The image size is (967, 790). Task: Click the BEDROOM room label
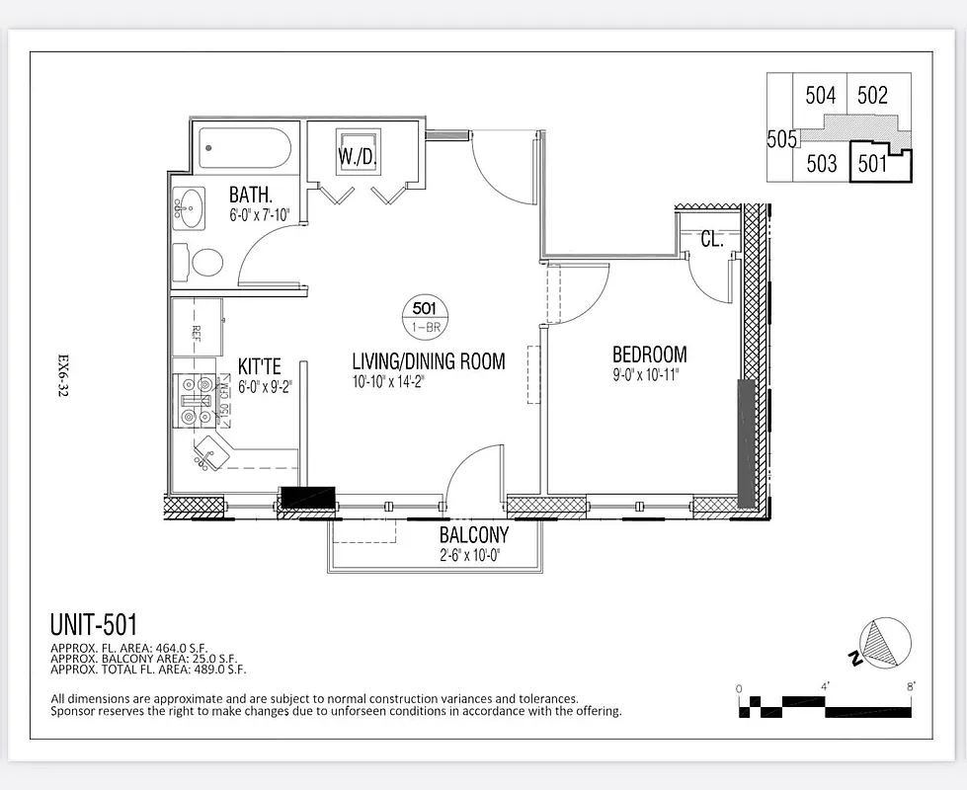tap(649, 355)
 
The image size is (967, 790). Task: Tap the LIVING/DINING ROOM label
tap(429, 361)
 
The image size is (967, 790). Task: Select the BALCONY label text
tap(474, 535)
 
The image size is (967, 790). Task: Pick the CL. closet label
tap(711, 239)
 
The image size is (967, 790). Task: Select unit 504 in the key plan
tap(821, 96)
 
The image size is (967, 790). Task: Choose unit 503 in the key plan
tap(821, 164)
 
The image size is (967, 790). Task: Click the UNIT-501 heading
tap(93, 624)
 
